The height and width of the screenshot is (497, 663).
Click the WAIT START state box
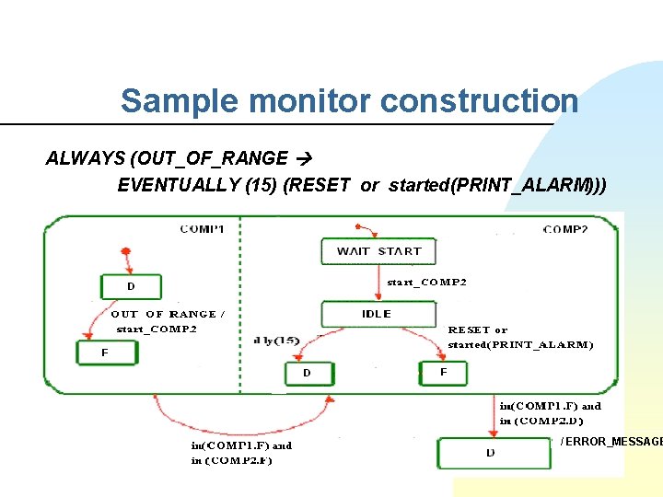pyautogui.click(x=378, y=251)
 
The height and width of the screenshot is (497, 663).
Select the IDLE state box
pyautogui.click(x=378, y=314)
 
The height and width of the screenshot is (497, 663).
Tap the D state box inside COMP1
pyautogui.click(x=132, y=287)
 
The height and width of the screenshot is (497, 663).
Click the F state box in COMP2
pyautogui.click(x=444, y=373)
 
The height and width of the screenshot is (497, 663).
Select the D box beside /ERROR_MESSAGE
pyautogui.click(x=493, y=453)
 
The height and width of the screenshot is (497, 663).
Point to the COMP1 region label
pyautogui.click(x=207, y=228)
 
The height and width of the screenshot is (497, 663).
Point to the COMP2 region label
pyautogui.click(x=565, y=228)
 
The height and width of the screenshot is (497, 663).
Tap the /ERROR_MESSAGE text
pyautogui.click(x=611, y=442)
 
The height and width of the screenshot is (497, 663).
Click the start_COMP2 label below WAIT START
pyautogui.click(x=426, y=282)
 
